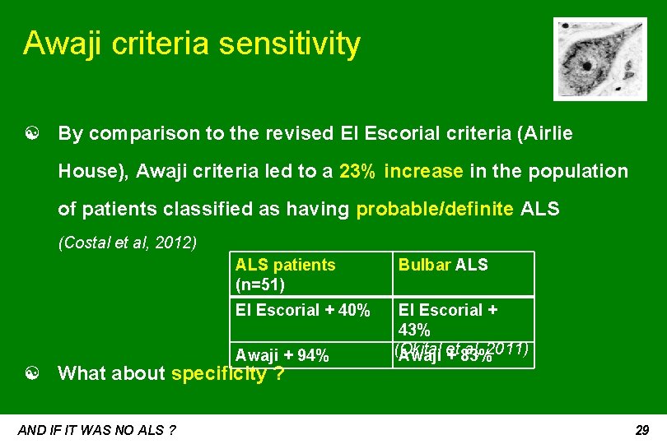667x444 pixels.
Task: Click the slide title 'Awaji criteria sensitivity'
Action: (192, 43)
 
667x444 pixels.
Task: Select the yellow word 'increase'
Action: (423, 171)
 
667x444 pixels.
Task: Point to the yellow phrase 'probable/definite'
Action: (436, 209)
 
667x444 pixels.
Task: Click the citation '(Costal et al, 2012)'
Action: (127, 243)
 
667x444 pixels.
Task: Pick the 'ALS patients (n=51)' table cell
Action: (285, 275)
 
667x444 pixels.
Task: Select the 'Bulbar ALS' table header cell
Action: (443, 265)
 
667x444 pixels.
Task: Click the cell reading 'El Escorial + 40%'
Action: (302, 310)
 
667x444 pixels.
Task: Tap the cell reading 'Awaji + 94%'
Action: (282, 355)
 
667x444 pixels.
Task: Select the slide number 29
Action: (643, 429)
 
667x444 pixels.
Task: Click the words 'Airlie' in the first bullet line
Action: (548, 133)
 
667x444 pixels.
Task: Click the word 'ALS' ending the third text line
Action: (540, 209)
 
